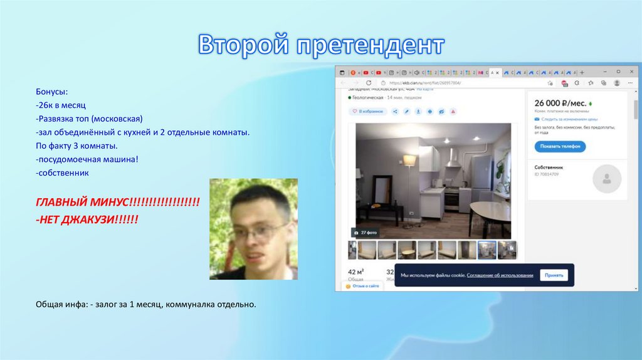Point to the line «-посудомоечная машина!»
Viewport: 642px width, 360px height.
pos(87,160)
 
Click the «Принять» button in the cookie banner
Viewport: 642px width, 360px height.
pos(553,275)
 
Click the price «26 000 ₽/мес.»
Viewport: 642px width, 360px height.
pos(560,103)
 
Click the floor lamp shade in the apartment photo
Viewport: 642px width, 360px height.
pos(409,161)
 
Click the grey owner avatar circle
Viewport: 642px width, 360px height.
pos(606,179)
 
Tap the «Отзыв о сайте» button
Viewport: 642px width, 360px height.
pos(363,286)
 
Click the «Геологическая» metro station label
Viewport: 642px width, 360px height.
pos(367,98)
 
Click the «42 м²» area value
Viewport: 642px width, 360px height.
pos(355,272)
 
